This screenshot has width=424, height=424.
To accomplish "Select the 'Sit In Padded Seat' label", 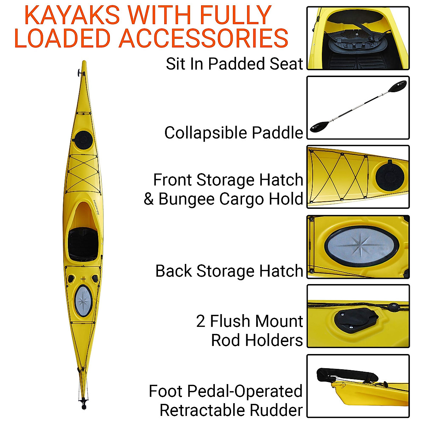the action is tap(234, 64).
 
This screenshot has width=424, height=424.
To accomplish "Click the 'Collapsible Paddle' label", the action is tap(234, 133).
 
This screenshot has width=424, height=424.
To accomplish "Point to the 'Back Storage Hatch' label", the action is tap(229, 271).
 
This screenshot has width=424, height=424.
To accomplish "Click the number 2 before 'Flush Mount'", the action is tap(201, 321).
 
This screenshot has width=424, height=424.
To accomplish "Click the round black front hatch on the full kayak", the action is tap(84, 139).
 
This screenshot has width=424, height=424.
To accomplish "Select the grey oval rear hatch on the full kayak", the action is tap(83, 301).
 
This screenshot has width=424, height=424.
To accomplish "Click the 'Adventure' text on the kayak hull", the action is tap(96, 207).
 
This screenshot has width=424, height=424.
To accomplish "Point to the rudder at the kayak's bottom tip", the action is tap(84, 403).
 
